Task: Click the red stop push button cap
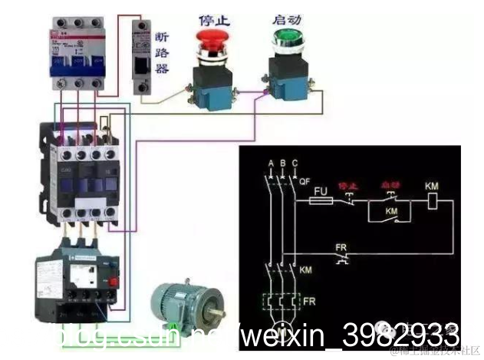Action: click(210, 39)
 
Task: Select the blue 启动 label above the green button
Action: click(285, 17)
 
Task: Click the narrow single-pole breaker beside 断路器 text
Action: click(141, 58)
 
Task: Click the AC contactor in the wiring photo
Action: click(78, 173)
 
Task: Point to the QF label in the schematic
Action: click(305, 182)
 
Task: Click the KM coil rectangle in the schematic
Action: click(433, 201)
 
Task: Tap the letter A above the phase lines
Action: click(271, 164)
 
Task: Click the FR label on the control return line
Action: click(341, 247)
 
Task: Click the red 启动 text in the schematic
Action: click(390, 186)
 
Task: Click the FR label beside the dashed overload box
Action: click(308, 301)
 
